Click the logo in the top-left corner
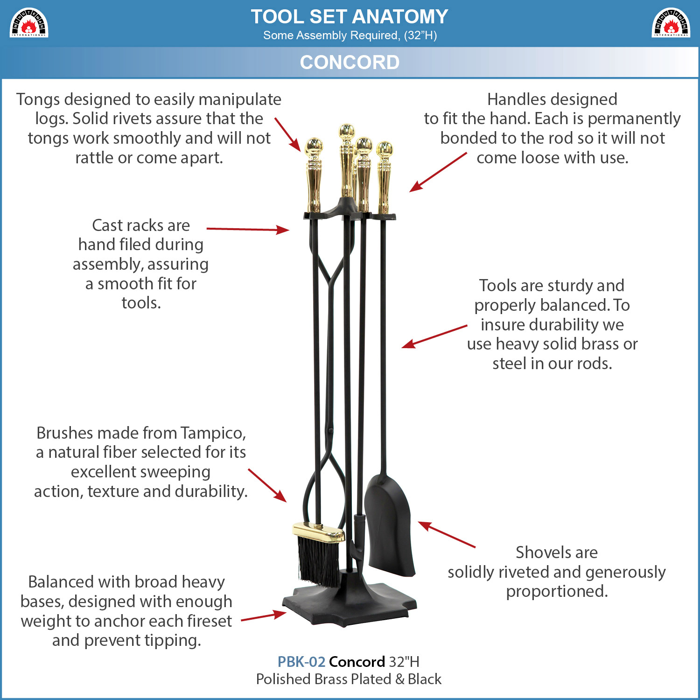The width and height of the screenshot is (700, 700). coord(29,22)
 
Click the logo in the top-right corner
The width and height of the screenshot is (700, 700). coord(671,22)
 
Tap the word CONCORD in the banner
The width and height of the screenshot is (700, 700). coord(350,62)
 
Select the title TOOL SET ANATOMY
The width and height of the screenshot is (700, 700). coord(350,17)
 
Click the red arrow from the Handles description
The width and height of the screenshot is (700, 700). coord(438,172)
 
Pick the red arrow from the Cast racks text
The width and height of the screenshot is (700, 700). coord(248,229)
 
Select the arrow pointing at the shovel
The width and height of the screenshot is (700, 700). coord(447,534)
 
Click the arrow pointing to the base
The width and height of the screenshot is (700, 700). coord(264,616)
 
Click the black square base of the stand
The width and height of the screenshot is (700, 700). coord(349,602)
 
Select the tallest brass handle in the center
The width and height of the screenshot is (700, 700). coord(346,161)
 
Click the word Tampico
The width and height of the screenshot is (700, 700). coord(213,434)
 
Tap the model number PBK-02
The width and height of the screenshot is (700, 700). coord(301,662)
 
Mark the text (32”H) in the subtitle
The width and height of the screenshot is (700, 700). coord(420,35)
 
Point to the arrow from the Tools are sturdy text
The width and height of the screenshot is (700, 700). coord(434,336)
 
